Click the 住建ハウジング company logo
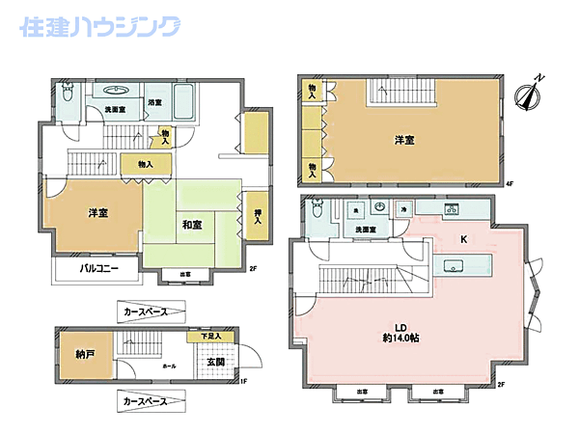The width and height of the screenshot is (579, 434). pos(99,26)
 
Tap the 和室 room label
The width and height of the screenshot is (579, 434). pos(191,226)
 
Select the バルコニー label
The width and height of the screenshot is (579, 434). pos(99,269)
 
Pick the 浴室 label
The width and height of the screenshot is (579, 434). pos(154,102)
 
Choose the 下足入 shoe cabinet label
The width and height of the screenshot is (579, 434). pos(210,336)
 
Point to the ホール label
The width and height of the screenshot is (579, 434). pos(170,366)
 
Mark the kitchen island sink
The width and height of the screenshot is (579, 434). pos(453,265)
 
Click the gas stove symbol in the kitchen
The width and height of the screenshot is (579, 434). pos(451,209)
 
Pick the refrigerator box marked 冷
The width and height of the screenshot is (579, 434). pos(403,208)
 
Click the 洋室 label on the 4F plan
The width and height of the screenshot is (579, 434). pos(404,141)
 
